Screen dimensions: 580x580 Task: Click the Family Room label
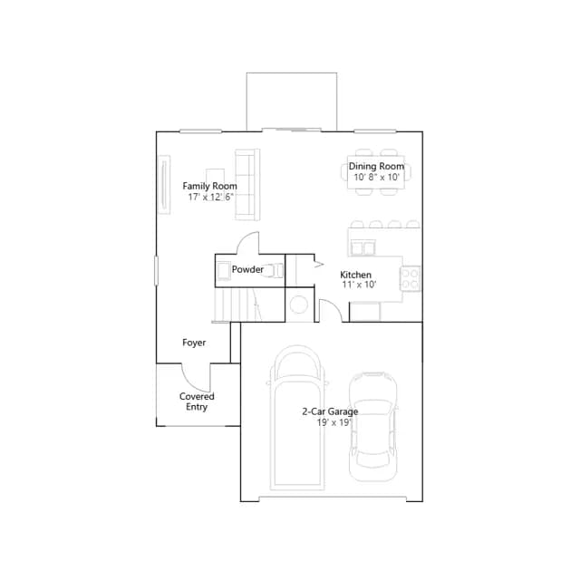209,186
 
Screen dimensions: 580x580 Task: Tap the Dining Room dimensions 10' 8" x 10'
377,178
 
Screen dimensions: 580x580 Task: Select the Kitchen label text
355,275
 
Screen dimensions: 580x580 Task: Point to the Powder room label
247,269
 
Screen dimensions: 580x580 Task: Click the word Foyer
194,343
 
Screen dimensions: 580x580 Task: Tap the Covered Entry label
197,401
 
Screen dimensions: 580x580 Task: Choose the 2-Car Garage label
330,411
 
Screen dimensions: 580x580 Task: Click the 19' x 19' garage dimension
333,422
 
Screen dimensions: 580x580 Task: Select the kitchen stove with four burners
411,278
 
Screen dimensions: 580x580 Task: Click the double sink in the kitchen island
362,247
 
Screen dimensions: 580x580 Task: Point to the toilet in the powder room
274,270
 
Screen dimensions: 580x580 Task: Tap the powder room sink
224,271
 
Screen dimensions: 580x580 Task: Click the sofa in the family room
247,185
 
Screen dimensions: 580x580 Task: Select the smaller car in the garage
373,427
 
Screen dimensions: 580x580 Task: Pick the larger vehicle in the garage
297,418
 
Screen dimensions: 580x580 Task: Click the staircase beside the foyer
239,304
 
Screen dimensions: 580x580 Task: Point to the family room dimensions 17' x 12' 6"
210,197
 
